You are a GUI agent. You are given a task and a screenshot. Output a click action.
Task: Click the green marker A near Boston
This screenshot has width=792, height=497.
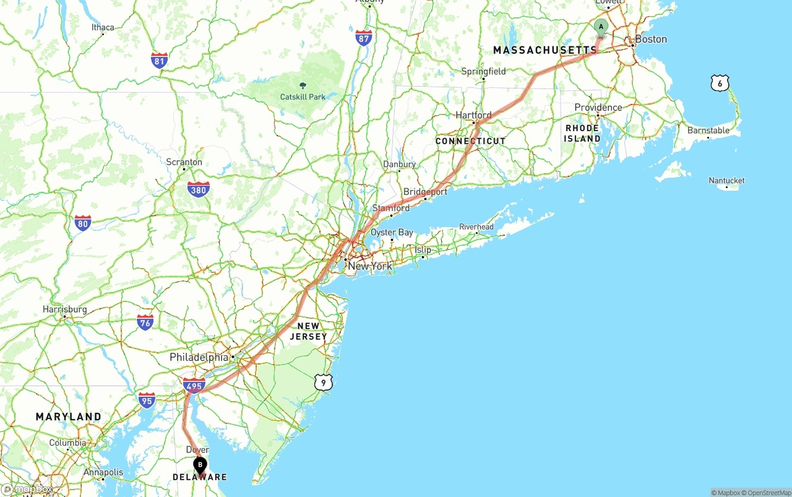click(601, 27)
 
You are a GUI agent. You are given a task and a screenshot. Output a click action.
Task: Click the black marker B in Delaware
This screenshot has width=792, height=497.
click(200, 465)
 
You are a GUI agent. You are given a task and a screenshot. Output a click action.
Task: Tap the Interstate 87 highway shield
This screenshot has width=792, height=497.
click(364, 38)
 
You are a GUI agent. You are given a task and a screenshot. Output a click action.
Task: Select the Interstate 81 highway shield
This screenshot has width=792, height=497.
click(159, 60)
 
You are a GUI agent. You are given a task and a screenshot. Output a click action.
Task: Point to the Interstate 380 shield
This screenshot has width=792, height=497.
click(198, 189)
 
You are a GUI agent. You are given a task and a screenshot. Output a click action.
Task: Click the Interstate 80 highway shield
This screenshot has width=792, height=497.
click(83, 223)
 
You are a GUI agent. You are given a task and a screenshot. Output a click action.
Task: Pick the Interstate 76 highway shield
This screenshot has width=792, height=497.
click(145, 322)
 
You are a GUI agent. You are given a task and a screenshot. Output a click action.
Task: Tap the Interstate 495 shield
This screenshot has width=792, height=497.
click(194, 386)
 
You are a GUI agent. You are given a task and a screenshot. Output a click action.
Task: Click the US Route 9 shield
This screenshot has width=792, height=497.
click(323, 382)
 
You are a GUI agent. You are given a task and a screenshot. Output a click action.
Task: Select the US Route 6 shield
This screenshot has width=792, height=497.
click(720, 83)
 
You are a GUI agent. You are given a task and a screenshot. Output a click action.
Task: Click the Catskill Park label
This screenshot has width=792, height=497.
click(303, 97)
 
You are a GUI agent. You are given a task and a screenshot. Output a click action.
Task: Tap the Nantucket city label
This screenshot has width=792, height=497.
click(726, 181)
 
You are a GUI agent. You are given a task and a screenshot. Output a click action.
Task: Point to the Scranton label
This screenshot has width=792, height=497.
click(184, 162)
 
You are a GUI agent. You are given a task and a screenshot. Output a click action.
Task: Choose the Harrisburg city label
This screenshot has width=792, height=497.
click(64, 309)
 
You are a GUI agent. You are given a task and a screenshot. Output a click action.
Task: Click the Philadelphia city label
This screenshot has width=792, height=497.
click(199, 357)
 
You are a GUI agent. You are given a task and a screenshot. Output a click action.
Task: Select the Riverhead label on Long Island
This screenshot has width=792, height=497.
click(476, 227)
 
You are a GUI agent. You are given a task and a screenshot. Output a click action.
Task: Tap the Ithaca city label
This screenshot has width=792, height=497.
click(103, 27)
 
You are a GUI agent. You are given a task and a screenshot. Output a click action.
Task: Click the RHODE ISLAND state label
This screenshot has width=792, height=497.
click(582, 134)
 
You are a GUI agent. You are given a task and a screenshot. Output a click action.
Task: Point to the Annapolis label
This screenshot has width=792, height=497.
click(103, 472)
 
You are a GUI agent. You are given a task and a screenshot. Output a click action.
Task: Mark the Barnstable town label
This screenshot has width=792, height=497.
click(708, 131)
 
